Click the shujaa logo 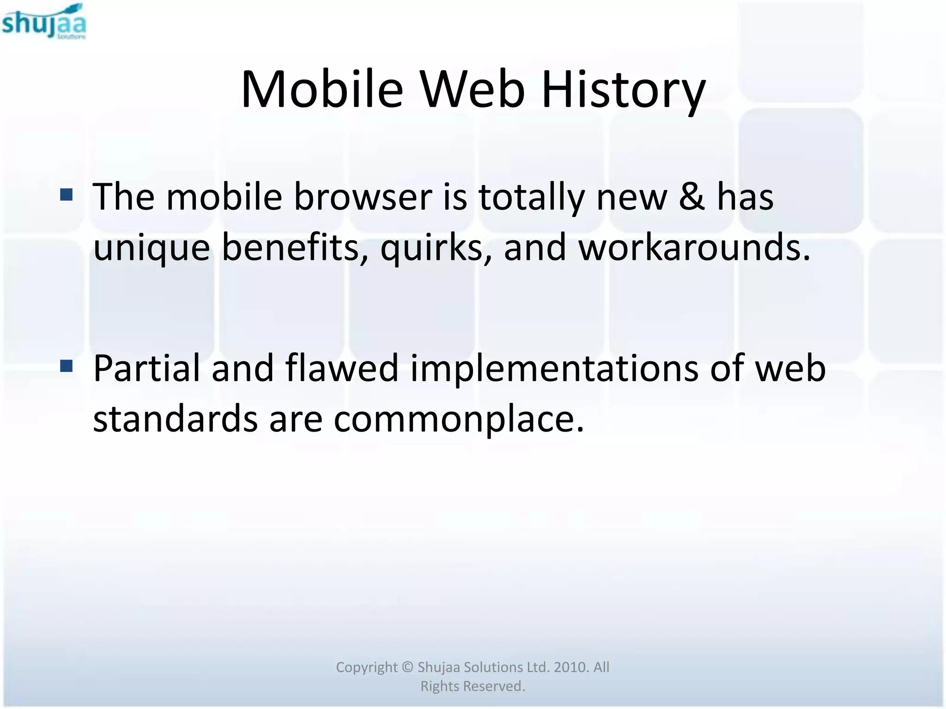[x=44, y=22]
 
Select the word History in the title [x=623, y=90]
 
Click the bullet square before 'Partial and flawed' [x=67, y=366]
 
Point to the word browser [x=363, y=197]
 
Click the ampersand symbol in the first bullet [x=692, y=197]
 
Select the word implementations [x=554, y=370]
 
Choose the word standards [x=175, y=419]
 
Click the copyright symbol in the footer [x=407, y=667]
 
